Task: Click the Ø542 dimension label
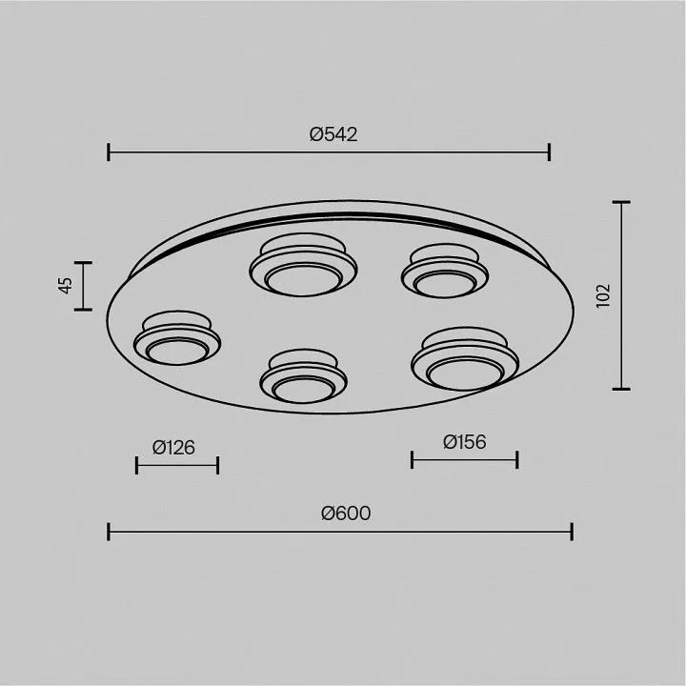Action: [333, 134]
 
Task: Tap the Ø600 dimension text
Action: [346, 514]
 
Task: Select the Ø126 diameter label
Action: [173, 448]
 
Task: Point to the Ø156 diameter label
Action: [464, 442]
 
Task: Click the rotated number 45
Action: [66, 286]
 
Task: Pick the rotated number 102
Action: [603, 296]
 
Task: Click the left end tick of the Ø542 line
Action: [109, 151]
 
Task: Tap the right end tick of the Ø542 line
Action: [549, 151]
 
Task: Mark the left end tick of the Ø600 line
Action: [109, 532]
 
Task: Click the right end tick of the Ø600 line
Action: [572, 532]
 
